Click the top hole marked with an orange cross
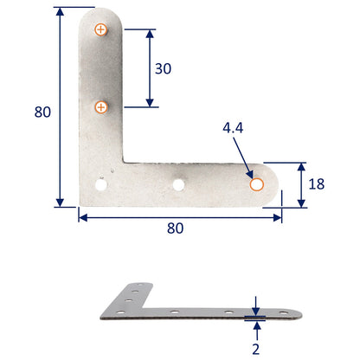[x=101, y=30]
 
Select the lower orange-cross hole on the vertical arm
[x=101, y=107]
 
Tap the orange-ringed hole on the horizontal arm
[x=256, y=184]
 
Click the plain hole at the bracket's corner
[x=101, y=184]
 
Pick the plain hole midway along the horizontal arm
[x=179, y=183]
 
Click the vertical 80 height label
[x=42, y=112]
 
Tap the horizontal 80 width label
[x=176, y=229]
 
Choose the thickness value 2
[x=256, y=350]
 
